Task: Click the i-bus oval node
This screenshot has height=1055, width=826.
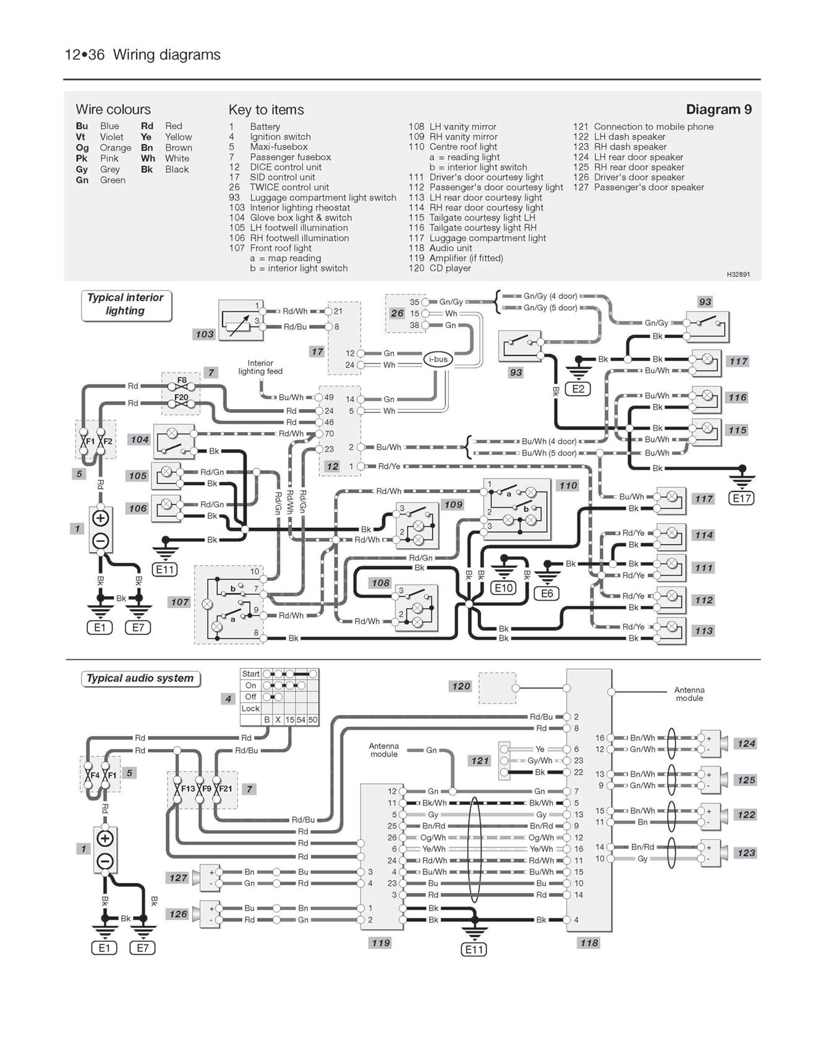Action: (x=438, y=359)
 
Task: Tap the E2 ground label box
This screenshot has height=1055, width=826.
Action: (x=578, y=389)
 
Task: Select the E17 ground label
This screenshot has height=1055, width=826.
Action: (x=742, y=498)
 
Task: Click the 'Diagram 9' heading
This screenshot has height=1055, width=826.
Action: (x=718, y=109)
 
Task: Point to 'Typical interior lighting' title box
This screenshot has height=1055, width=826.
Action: (x=126, y=305)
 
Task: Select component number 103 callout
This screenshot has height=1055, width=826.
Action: (x=204, y=334)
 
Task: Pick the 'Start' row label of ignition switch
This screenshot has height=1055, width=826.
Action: (x=250, y=674)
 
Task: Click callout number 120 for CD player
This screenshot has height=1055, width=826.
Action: (x=461, y=686)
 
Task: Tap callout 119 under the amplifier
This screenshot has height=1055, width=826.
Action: (x=380, y=943)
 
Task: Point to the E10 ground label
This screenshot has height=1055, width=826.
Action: (x=503, y=588)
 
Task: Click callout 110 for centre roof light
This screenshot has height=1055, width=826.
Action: (x=568, y=486)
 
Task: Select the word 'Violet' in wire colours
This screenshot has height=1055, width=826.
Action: (x=111, y=137)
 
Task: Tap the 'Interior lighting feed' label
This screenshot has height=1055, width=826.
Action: (x=260, y=367)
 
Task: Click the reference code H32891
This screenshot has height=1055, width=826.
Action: (x=738, y=274)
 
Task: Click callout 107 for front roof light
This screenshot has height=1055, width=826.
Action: (x=179, y=602)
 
